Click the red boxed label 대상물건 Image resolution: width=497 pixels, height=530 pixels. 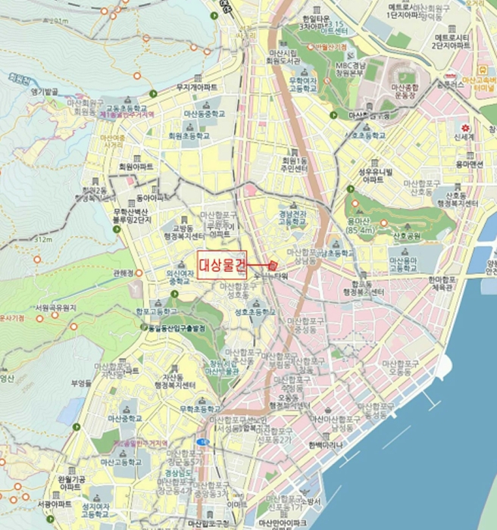223,264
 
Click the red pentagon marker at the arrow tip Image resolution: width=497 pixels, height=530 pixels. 274,265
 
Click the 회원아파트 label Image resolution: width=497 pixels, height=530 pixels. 136,166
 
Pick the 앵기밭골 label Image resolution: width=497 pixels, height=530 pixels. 45,92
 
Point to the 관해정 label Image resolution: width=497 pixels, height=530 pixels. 123,273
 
